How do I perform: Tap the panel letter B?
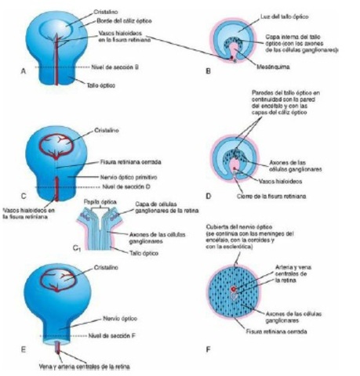(x=207, y=71)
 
